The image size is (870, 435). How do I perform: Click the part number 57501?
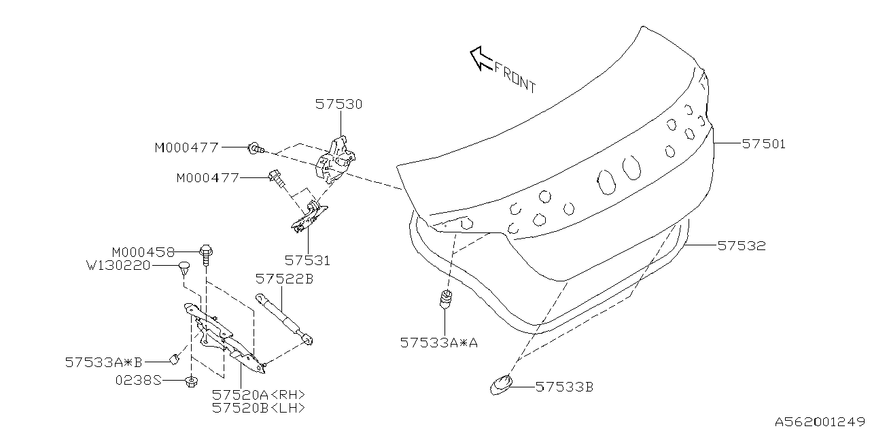pyautogui.click(x=763, y=144)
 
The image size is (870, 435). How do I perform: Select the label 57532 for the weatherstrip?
pyautogui.click(x=742, y=246)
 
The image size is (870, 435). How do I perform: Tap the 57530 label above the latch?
pyautogui.click(x=338, y=105)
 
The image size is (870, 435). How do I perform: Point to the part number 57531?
pyautogui.click(x=307, y=260)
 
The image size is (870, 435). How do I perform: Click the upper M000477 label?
pyautogui.click(x=186, y=147)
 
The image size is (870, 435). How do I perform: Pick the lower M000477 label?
pyautogui.click(x=207, y=178)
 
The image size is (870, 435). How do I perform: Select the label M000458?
pyautogui.click(x=143, y=251)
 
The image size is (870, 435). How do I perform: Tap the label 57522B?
pyautogui.click(x=284, y=279)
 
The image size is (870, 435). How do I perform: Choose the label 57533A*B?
pyautogui.click(x=104, y=362)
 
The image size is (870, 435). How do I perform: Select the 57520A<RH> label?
pyautogui.click(x=258, y=395)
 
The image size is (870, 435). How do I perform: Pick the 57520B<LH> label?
pyautogui.click(x=258, y=408)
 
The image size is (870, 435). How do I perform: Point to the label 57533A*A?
pyautogui.click(x=439, y=343)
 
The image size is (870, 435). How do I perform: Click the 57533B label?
pyautogui.click(x=564, y=387)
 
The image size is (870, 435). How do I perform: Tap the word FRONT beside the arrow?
pyautogui.click(x=515, y=77)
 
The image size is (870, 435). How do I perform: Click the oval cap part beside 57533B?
pyautogui.click(x=501, y=385)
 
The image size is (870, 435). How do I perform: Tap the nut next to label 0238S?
pyautogui.click(x=191, y=381)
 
